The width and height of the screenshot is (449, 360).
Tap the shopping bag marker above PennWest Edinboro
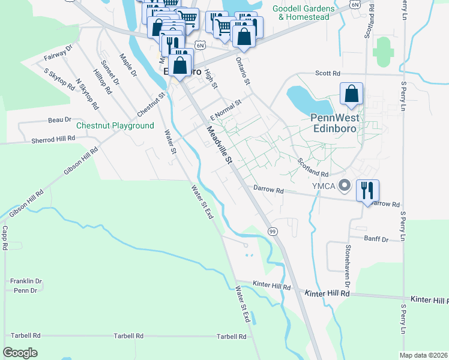351,94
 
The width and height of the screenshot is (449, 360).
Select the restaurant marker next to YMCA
367,191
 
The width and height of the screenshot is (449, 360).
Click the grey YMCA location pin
345,185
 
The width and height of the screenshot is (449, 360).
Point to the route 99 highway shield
273,231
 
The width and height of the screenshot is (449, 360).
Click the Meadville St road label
219,145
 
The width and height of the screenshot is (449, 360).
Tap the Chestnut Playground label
115,126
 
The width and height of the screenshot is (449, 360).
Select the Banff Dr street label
376,238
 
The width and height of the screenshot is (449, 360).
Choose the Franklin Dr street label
26,281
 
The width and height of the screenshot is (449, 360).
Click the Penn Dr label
25,290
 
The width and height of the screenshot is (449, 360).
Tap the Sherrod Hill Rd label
53,138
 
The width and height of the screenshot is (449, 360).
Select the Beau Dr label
60,120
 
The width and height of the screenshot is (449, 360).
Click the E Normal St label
225,110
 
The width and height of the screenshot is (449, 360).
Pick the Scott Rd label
328,73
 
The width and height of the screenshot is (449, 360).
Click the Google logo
20,353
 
